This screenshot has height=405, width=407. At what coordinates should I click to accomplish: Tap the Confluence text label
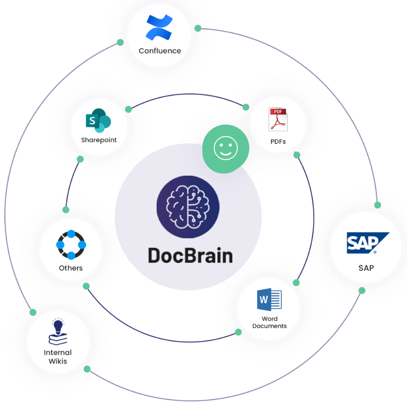pos(160,51)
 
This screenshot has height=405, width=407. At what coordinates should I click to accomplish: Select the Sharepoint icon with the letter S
pos(99,121)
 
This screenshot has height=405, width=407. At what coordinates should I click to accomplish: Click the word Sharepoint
pos(99,140)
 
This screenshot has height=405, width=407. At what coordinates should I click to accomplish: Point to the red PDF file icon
pos(278,119)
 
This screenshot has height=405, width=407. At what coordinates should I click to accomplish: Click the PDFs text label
pos(278,142)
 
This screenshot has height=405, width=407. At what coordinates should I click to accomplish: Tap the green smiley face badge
pos(225,149)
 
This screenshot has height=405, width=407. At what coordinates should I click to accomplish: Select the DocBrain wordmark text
pos(190,255)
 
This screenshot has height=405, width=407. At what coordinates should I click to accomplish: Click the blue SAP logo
pos(367,243)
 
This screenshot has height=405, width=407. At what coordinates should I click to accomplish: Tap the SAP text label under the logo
pos(366,268)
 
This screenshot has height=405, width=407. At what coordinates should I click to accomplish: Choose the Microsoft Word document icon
pos(269,300)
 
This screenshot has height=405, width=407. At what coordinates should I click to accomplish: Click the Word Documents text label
pos(269,323)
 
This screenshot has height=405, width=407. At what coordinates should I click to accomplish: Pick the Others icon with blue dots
pos(71,244)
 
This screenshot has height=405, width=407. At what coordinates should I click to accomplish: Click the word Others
pos(71,268)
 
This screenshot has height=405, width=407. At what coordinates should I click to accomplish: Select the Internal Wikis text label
pos(58,357)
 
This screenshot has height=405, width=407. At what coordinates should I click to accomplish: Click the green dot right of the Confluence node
pos(198,28)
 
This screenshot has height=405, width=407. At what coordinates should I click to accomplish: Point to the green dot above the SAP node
pos(377,205)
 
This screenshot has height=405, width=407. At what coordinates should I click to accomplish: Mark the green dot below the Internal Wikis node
pos(87,369)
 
